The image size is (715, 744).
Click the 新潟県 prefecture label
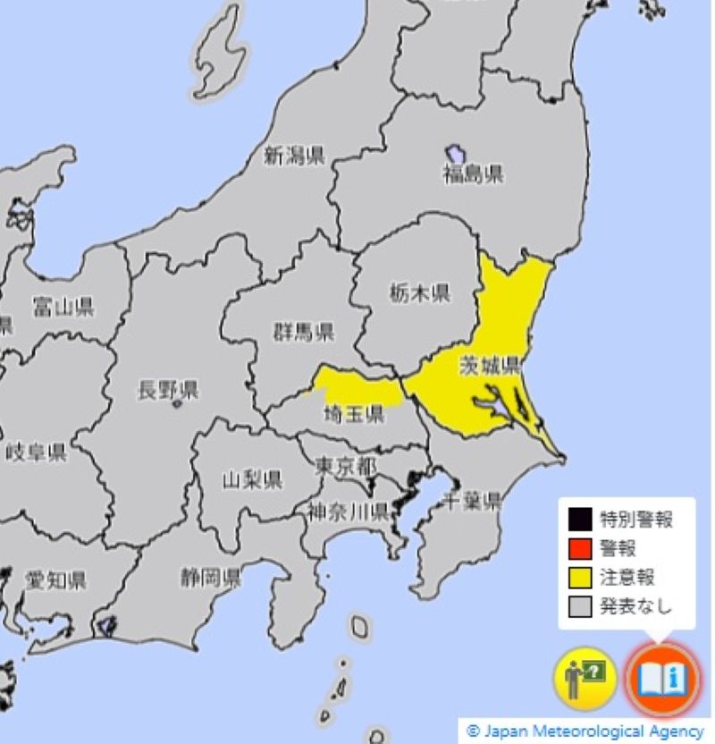(293, 156)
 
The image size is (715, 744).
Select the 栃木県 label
(420, 292)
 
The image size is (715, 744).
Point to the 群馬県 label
(304, 333)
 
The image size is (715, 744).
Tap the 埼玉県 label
(353, 414)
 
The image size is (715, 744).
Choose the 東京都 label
(346, 466)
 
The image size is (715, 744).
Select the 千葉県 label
(473, 501)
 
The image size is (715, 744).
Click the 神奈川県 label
(347, 512)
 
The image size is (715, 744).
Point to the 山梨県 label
(252, 480)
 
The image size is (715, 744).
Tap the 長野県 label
(168, 390)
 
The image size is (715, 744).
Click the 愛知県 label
(56, 581)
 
